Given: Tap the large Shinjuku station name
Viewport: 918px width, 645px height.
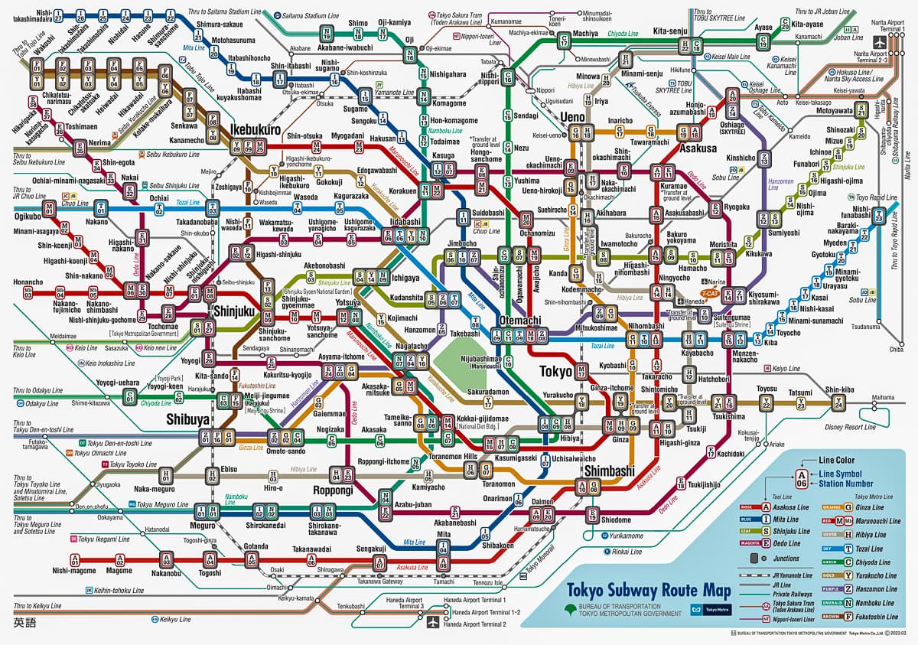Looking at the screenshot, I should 236,311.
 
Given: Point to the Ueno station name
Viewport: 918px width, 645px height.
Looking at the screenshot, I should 573,116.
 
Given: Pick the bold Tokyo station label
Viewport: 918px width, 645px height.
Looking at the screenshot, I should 556,371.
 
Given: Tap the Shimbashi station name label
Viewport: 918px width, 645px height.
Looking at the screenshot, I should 609,471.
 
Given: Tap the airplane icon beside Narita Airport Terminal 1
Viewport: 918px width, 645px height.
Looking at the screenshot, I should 880,43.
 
